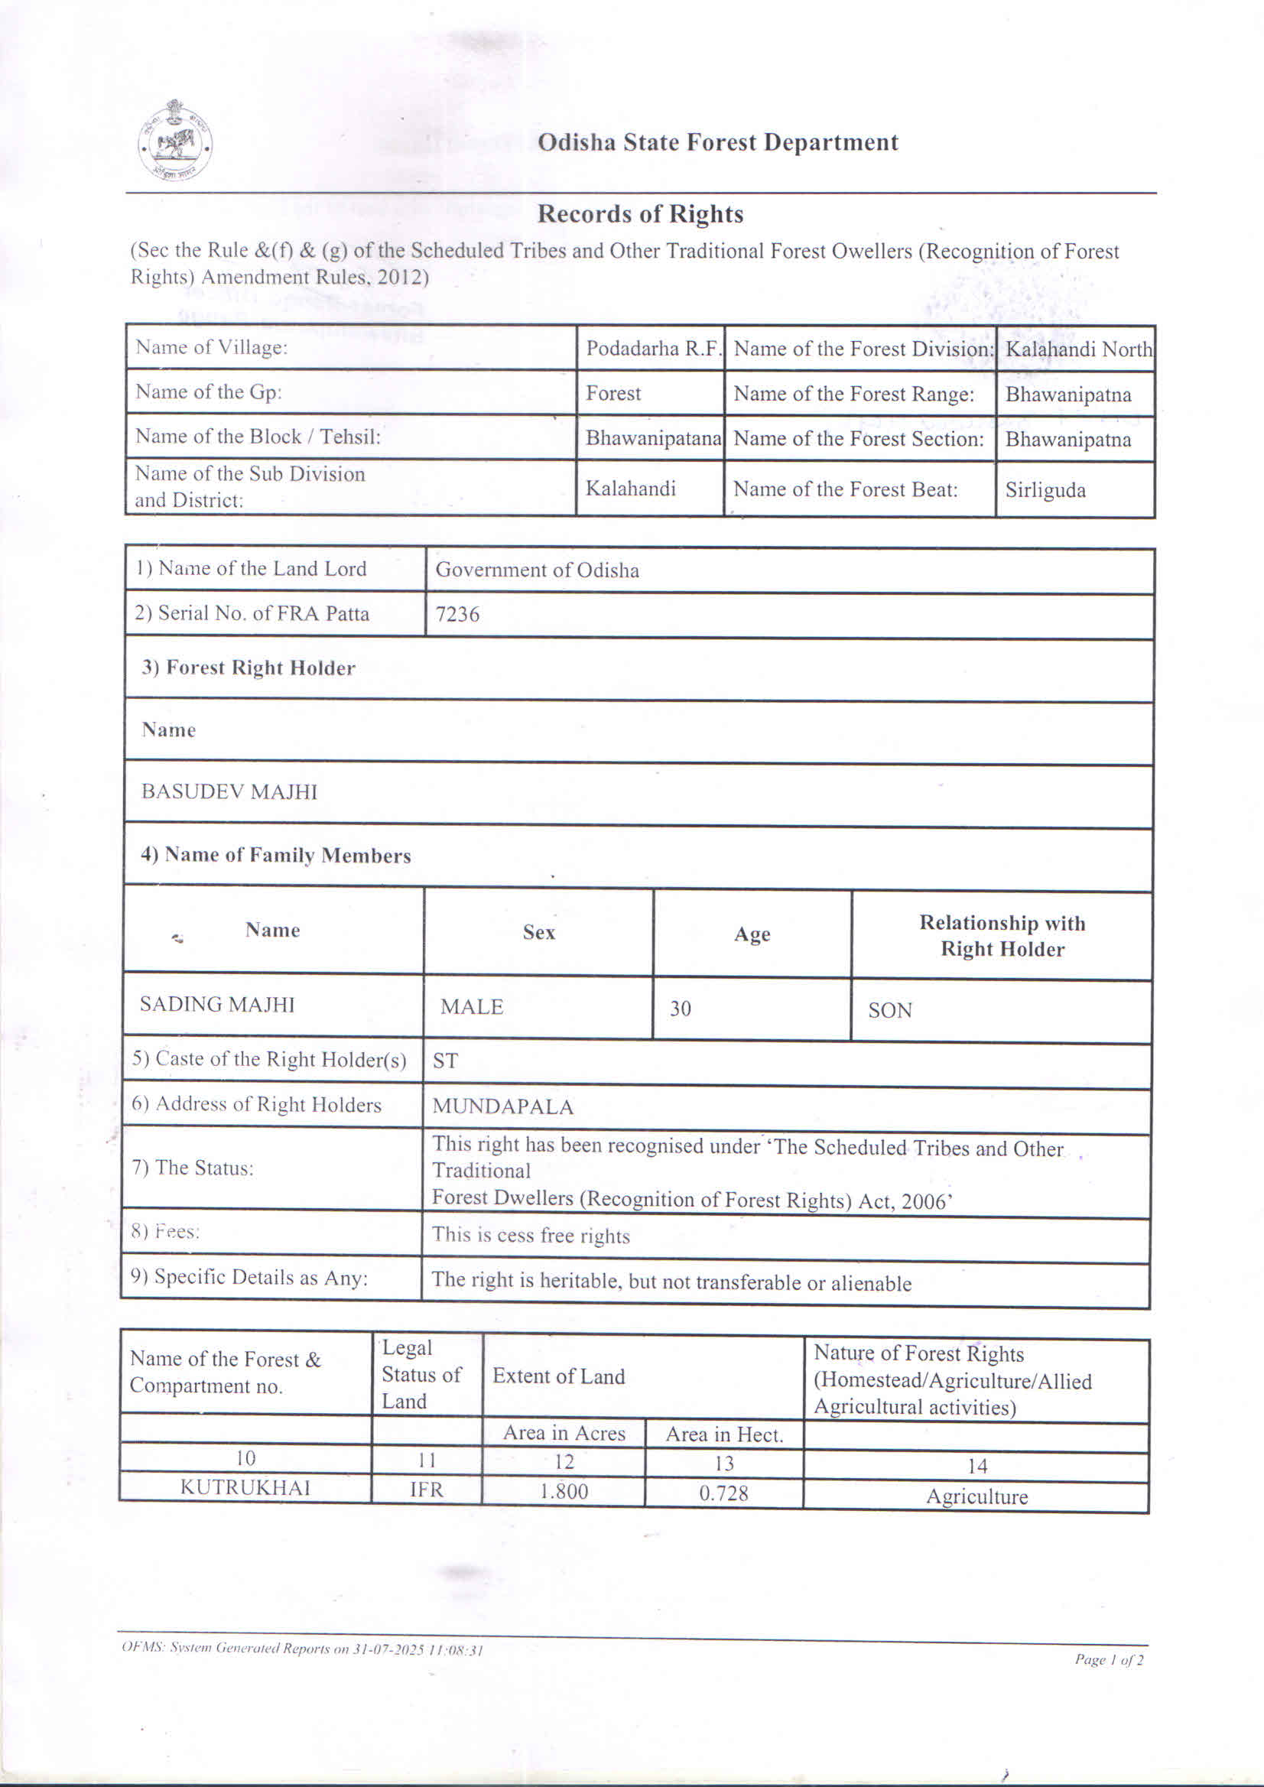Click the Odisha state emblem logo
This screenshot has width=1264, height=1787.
[x=175, y=141]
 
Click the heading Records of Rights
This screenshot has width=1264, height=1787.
[x=640, y=214]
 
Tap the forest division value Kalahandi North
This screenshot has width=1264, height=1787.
[x=1078, y=349]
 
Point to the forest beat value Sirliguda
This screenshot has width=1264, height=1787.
[x=1045, y=490]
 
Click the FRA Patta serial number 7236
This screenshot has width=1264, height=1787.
[x=457, y=615]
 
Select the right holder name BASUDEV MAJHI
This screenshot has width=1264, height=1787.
[x=229, y=791]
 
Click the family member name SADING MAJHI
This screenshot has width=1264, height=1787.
[x=217, y=1005]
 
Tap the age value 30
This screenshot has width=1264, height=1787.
[x=681, y=1009]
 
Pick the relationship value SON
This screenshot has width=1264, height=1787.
[x=889, y=1010]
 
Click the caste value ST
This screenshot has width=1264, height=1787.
[x=445, y=1061]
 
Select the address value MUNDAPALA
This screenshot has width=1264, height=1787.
[x=503, y=1106]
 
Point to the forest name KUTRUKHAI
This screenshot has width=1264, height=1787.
[x=245, y=1487]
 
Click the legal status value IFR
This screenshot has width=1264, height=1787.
[x=427, y=1489]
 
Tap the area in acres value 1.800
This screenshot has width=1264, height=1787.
[x=564, y=1490]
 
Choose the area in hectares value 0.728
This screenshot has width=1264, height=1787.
[x=723, y=1492]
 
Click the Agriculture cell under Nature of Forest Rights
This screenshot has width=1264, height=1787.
[x=976, y=1496]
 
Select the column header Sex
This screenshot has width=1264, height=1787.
[x=538, y=932]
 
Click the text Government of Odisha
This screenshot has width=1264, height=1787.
[x=537, y=570]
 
